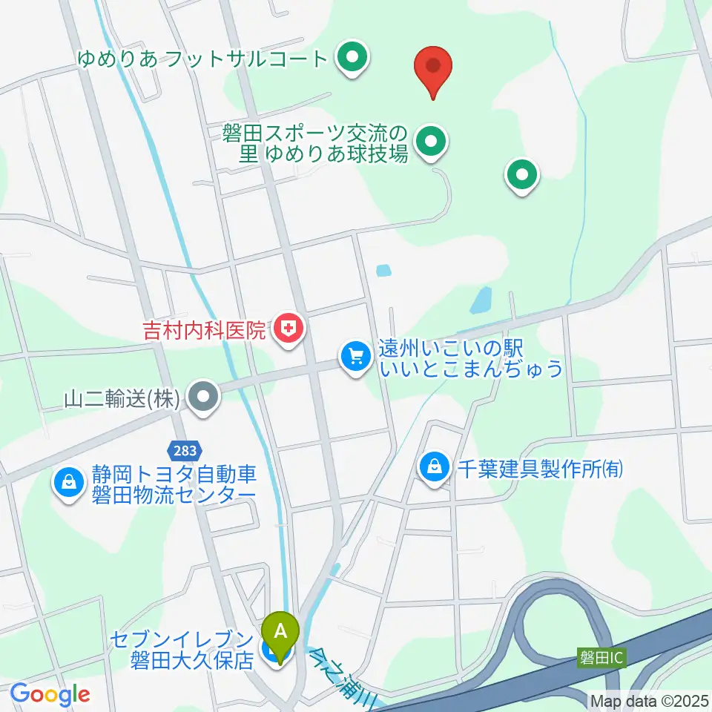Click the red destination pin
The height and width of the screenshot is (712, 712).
pos(433,68)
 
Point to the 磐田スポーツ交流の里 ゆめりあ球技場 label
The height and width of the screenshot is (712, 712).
pos(314,144)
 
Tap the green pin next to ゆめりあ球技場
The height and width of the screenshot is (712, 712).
pos(430,142)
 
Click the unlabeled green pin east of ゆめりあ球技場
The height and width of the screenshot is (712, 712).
pos(521,176)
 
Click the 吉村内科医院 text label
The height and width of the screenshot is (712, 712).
pos(204,329)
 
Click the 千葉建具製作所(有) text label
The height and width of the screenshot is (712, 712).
pos(538,469)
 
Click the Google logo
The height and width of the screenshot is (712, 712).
pos(50,694)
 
